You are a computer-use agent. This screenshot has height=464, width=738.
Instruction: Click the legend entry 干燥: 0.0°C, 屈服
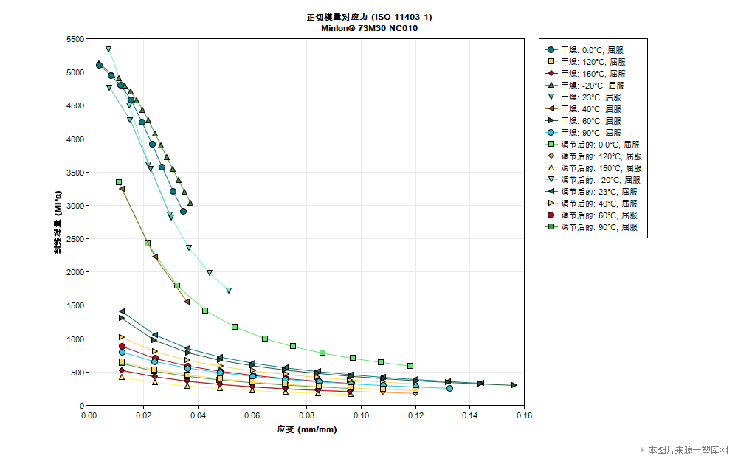pyautogui.click(x=593, y=50)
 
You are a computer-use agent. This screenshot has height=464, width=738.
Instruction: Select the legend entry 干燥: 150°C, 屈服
pyautogui.click(x=593, y=74)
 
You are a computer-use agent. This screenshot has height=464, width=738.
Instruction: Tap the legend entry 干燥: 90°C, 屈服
pyautogui.click(x=593, y=133)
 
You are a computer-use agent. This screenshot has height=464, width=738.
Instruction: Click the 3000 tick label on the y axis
pyautogui.click(x=75, y=206)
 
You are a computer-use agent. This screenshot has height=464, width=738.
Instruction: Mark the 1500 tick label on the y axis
pyautogui.click(x=75, y=305)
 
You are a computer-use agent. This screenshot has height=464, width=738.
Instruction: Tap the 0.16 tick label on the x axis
pyautogui.click(x=524, y=415)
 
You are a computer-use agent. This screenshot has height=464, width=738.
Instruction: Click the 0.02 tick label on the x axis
pyautogui.click(x=143, y=415)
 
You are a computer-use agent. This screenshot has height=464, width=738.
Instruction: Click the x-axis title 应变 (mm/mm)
pyautogui.click(x=306, y=429)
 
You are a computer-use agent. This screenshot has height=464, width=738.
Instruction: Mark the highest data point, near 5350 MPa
pyautogui.click(x=108, y=49)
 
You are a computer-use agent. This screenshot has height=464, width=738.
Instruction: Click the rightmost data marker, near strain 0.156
pyautogui.click(x=514, y=385)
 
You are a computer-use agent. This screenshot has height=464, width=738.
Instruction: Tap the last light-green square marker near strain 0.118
pyautogui.click(x=410, y=366)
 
